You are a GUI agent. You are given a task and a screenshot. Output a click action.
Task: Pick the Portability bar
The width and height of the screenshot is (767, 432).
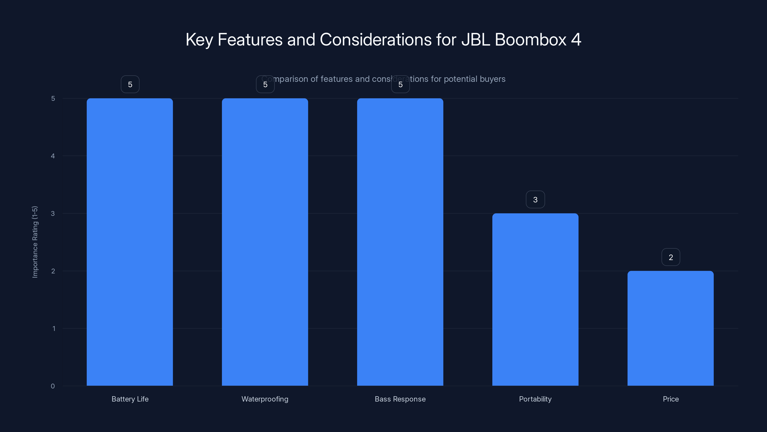click(535, 299)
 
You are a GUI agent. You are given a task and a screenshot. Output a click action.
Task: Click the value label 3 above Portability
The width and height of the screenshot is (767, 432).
click(535, 200)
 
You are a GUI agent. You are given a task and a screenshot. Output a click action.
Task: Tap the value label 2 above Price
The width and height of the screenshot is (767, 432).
click(671, 257)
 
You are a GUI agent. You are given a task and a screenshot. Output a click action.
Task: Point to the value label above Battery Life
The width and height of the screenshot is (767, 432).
click(130, 84)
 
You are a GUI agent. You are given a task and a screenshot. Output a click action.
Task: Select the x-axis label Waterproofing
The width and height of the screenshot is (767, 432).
click(265, 399)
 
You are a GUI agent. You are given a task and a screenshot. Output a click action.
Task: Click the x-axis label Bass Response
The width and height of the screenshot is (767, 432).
click(400, 399)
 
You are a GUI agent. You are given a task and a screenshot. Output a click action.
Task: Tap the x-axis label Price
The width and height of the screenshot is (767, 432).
click(671, 399)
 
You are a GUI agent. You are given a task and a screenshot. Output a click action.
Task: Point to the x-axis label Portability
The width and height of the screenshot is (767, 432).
click(535, 399)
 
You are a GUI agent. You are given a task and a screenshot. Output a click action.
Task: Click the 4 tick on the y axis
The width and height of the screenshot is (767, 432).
click(53, 156)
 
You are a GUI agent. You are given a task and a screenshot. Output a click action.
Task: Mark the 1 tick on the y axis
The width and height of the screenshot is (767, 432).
click(54, 329)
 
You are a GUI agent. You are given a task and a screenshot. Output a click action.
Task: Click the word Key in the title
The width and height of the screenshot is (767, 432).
click(199, 40)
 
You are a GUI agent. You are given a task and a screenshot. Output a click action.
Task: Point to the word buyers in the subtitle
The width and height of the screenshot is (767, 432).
click(492, 79)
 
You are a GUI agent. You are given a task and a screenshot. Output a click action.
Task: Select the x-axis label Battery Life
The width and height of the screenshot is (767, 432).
click(130, 399)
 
